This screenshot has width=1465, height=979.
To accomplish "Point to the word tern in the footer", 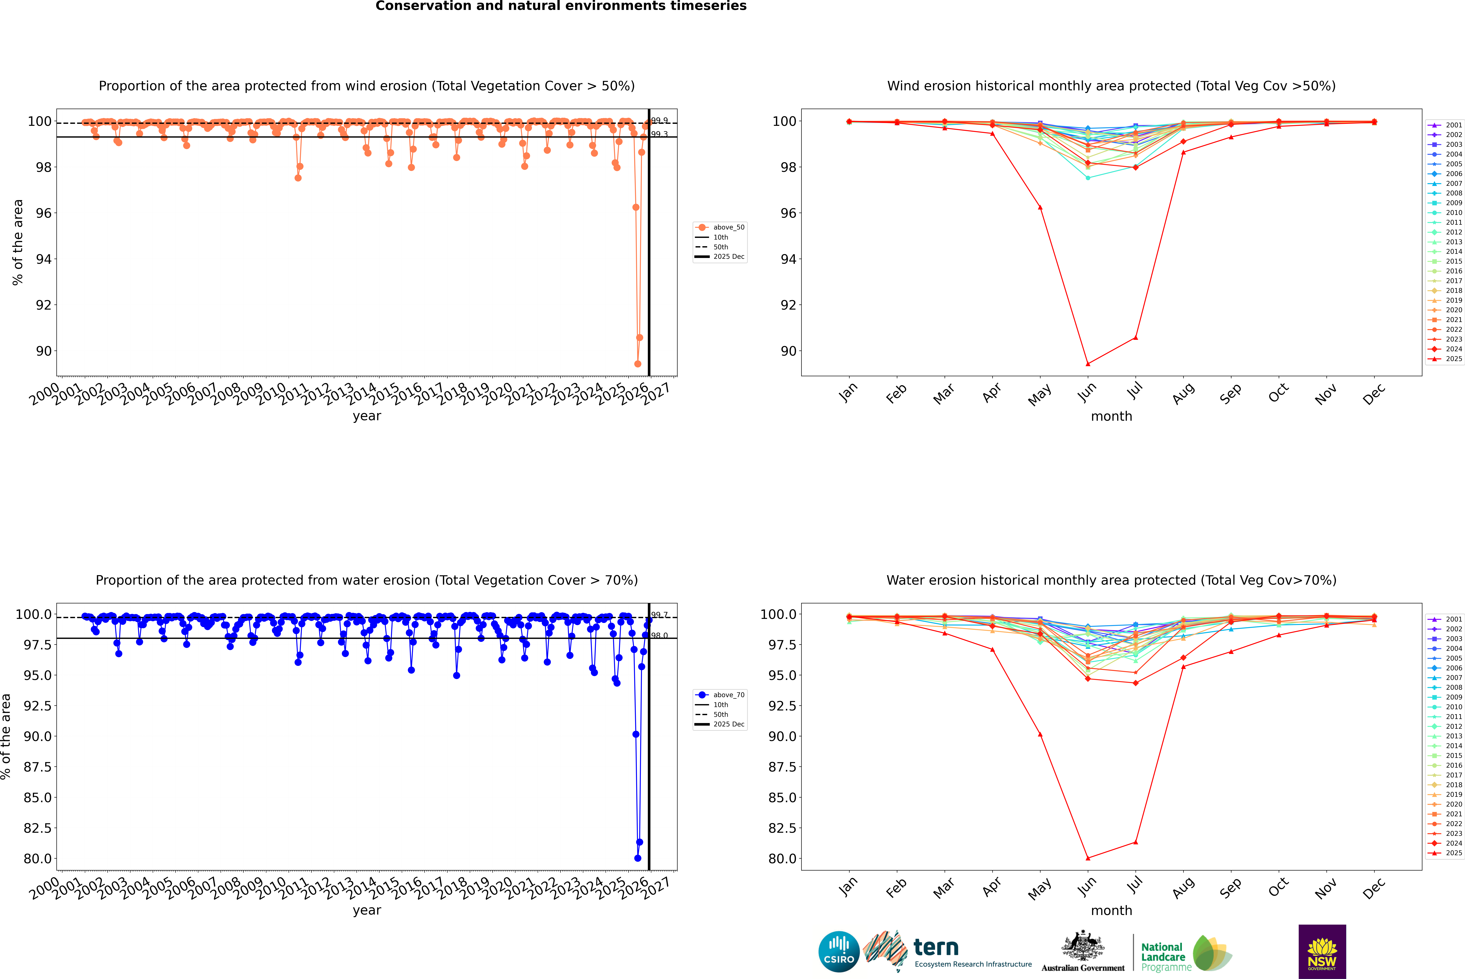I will point(935,948).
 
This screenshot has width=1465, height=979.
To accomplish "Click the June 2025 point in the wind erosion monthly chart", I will point(1088,364).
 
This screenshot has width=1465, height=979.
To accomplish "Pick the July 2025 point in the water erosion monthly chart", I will point(1135,842).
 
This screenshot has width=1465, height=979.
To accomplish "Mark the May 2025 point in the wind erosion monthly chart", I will point(1040,207).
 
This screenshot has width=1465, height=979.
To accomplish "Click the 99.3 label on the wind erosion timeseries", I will point(659,134).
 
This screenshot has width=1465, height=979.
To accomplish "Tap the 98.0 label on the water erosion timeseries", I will point(659,636).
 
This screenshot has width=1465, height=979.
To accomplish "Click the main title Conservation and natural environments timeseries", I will point(561,6).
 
